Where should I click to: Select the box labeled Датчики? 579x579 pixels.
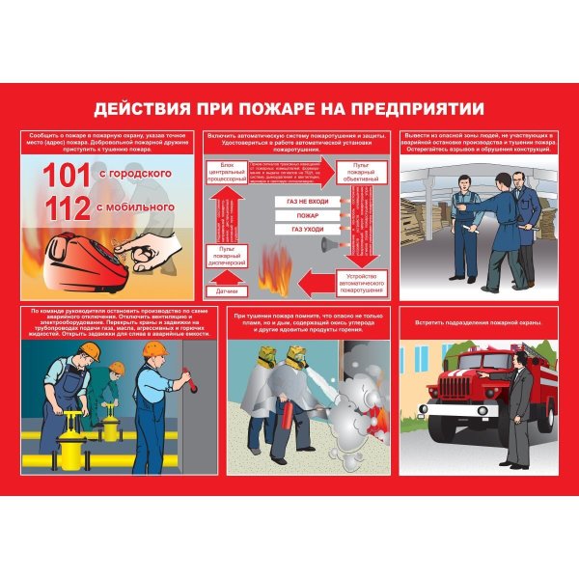click(228, 289)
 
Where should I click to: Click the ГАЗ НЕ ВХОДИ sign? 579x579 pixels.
click(308, 201)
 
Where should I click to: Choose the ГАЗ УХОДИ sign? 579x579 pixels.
click(308, 230)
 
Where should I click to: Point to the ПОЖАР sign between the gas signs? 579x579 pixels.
click(308, 215)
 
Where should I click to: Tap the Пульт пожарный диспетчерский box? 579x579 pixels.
click(228, 256)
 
